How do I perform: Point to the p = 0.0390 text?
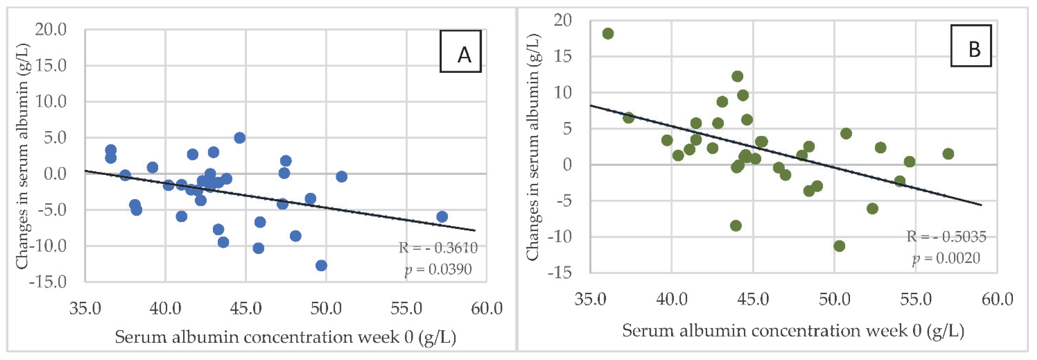coord(438,269)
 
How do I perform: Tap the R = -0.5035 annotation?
coord(946,236)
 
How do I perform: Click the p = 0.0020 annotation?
coord(946,258)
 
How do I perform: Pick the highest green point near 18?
coord(608,33)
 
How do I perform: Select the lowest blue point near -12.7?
coord(321,265)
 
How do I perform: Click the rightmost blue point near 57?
coord(442,217)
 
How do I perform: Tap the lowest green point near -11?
coord(839,246)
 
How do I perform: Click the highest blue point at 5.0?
coord(239,138)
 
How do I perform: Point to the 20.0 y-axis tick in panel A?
coord(51,29)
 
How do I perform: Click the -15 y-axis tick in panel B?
coord(560,273)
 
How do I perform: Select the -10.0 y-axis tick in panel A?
coord(48,246)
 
